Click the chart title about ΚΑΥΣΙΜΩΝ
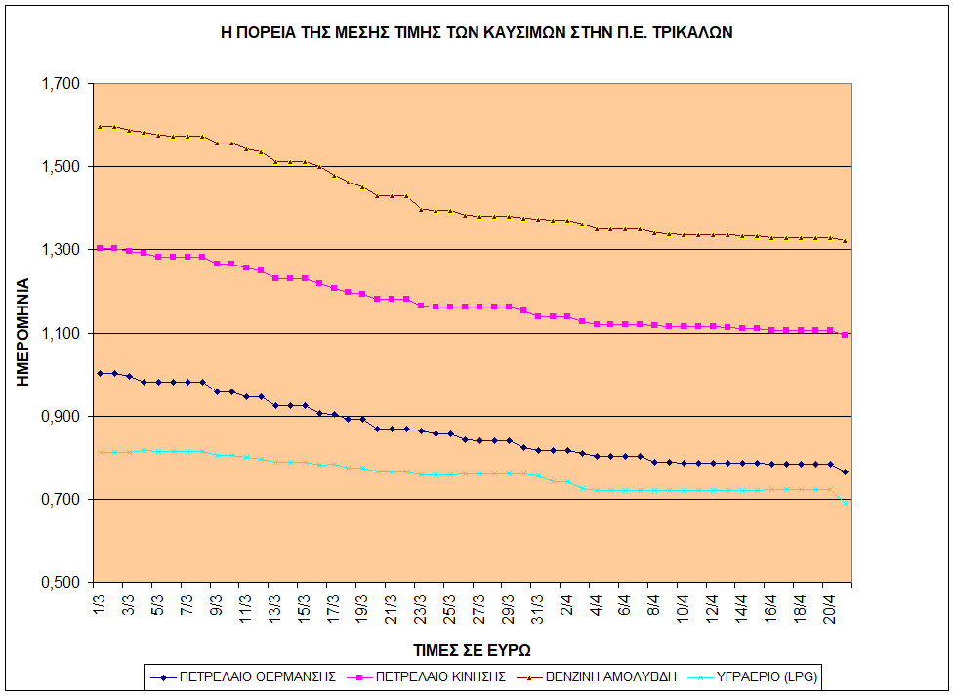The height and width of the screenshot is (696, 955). point(477,32)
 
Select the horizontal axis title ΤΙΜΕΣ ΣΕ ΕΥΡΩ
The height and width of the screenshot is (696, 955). point(471,649)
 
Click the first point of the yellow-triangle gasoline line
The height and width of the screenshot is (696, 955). point(100,126)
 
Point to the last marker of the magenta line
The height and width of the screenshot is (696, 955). point(845,335)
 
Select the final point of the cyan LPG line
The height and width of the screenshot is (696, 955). point(845,502)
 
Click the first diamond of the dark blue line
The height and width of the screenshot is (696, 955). point(100,373)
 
